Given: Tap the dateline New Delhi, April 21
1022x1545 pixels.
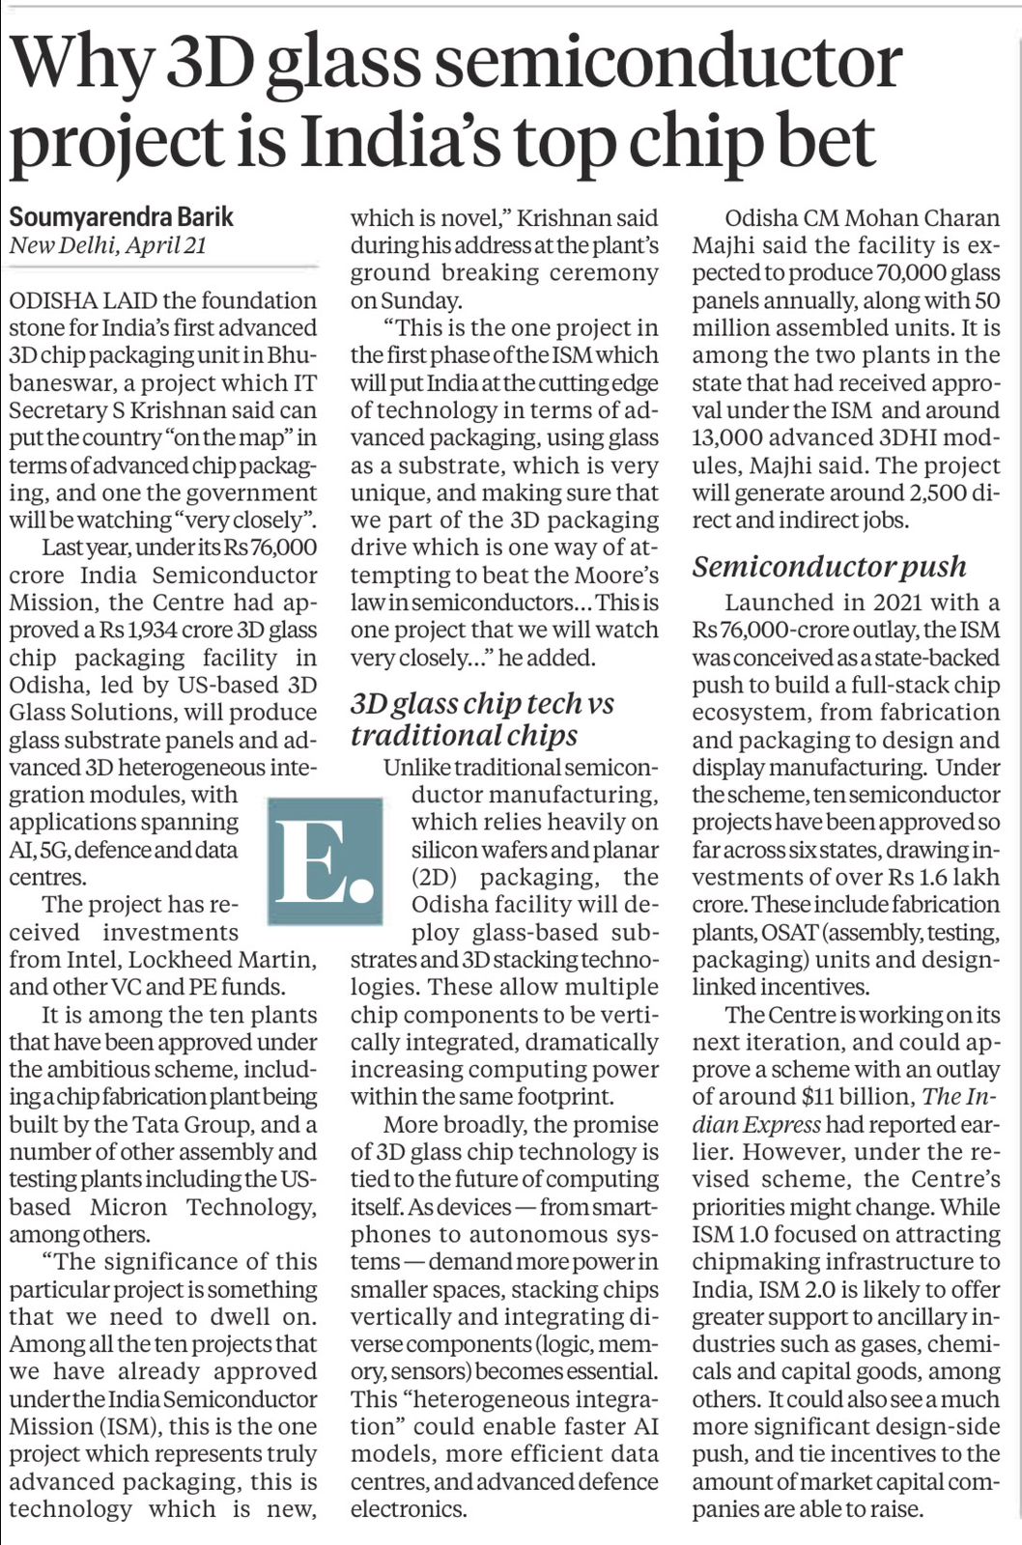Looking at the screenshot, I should click(108, 245).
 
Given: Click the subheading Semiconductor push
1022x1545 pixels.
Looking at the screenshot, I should click(829, 566).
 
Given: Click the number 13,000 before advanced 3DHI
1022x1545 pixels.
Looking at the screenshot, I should click(734, 437).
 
